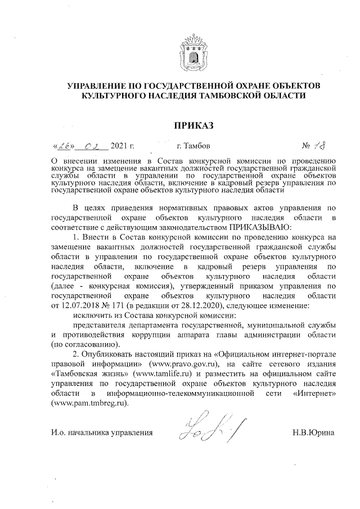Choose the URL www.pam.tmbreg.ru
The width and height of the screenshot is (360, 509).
click(x=89, y=402)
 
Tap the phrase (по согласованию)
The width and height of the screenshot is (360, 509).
click(x=84, y=344)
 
